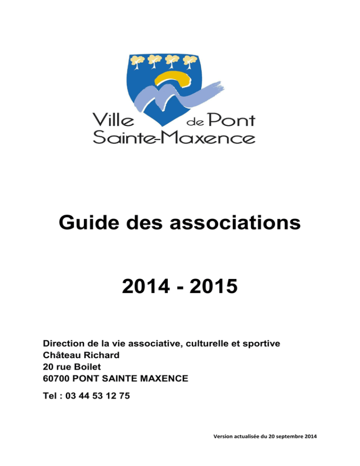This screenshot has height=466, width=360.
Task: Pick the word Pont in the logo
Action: click(232, 121)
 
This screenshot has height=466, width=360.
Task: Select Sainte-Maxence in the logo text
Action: click(173, 138)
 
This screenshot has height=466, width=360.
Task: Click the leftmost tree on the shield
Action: click(137, 61)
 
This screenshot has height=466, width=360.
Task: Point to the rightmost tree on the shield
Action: click(189, 61)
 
